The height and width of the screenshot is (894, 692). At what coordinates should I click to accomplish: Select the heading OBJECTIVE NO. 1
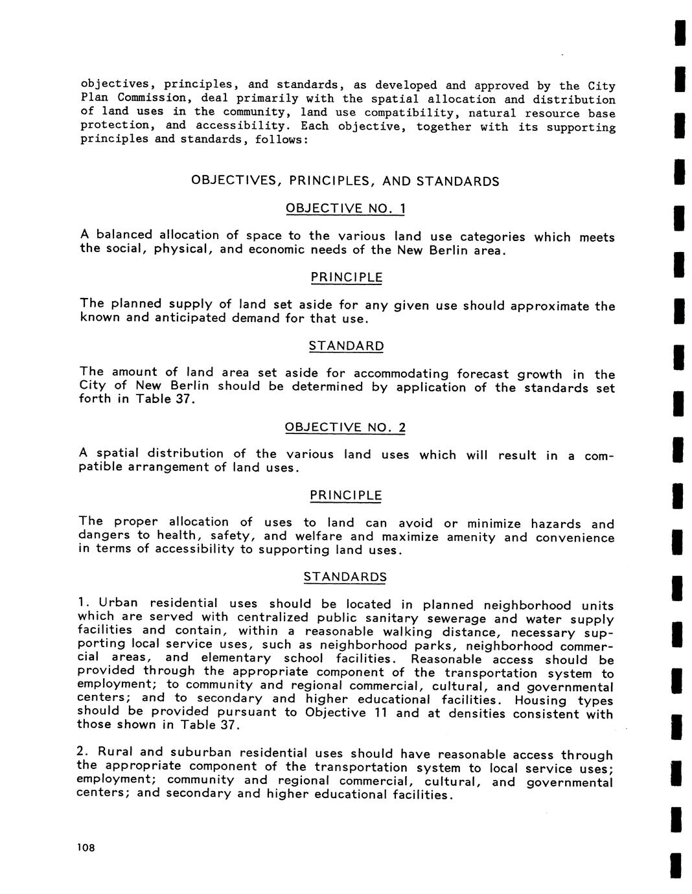click(x=345, y=209)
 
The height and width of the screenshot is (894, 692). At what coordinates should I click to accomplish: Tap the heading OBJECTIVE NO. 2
click(x=345, y=428)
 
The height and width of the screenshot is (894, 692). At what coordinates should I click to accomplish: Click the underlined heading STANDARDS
click(x=345, y=577)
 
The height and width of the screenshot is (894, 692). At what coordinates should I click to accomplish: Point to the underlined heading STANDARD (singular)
click(x=346, y=346)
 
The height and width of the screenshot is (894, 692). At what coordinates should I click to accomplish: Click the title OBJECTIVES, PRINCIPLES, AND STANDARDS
click(x=345, y=181)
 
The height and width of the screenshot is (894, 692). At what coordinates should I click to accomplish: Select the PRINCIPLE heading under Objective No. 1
click(x=346, y=277)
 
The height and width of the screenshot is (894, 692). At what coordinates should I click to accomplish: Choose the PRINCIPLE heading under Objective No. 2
click(x=345, y=496)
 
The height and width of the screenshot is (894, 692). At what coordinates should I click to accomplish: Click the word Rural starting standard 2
click(x=115, y=752)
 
